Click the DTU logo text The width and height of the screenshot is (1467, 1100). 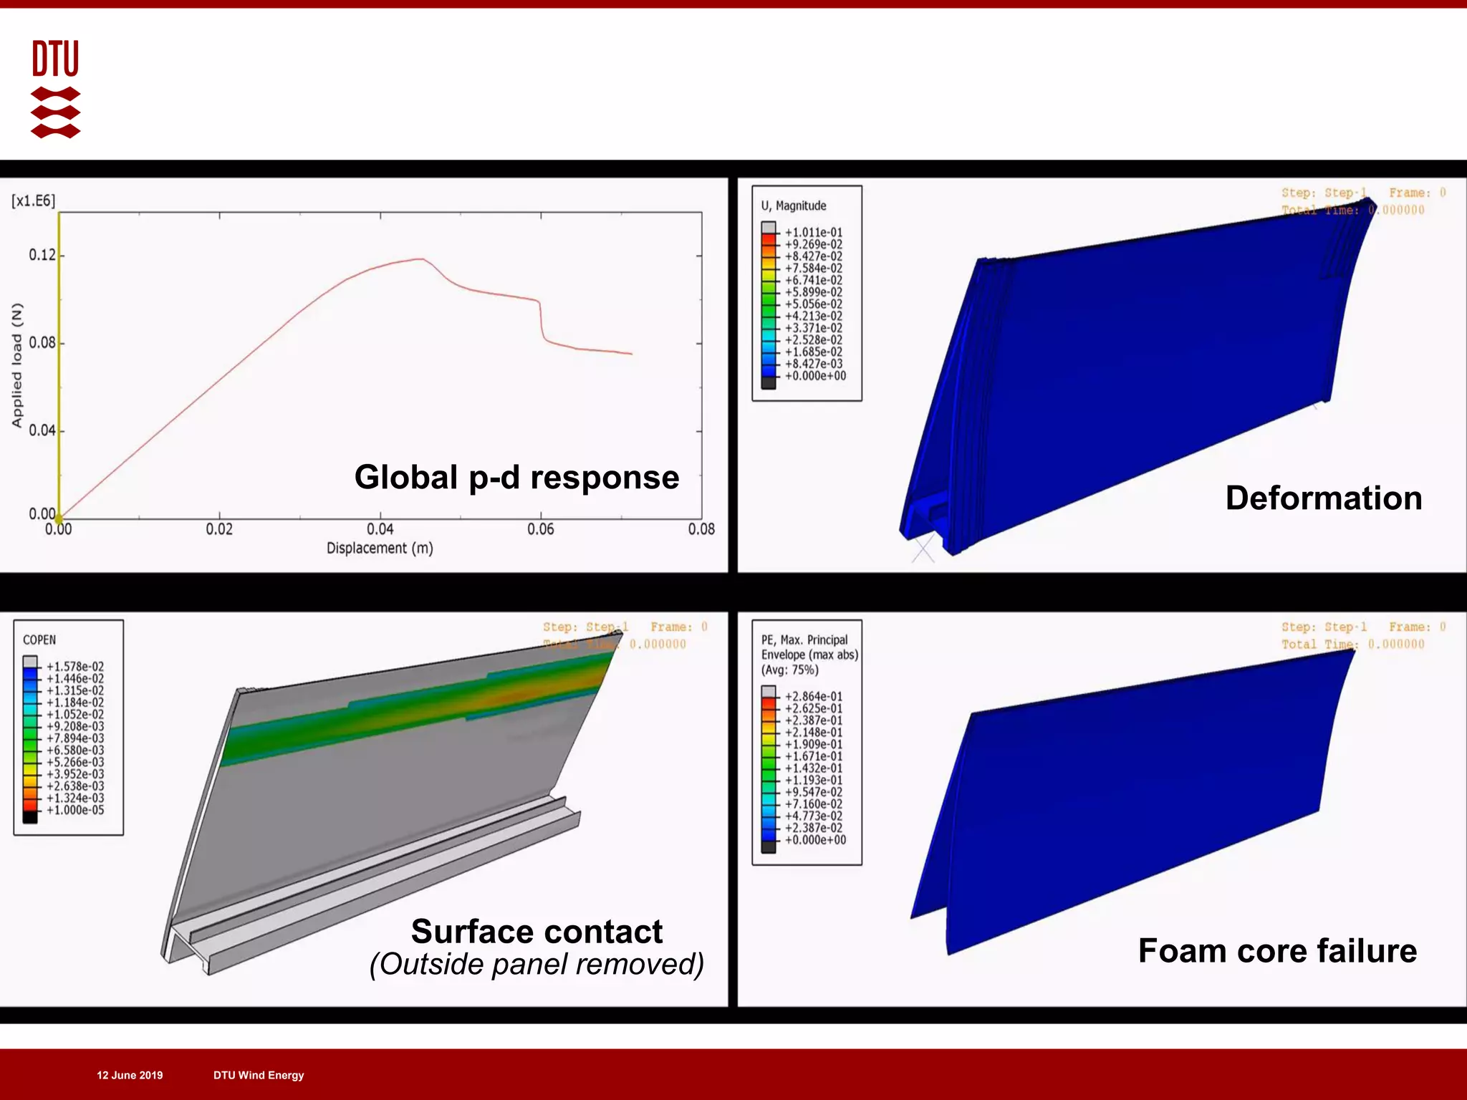[x=55, y=58]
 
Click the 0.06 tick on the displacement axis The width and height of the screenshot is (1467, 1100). [x=540, y=529]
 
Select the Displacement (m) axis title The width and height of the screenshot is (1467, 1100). [x=380, y=548]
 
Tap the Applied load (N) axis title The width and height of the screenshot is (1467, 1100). [x=17, y=365]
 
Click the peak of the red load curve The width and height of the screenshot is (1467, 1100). [x=422, y=259]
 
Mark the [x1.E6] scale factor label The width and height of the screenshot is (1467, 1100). [x=34, y=201]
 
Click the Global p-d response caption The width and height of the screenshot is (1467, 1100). [x=516, y=477]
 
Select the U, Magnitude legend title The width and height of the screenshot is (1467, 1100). [x=794, y=206]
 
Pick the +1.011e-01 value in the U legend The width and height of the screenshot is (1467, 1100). [x=814, y=233]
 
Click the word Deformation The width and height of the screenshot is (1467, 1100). [x=1324, y=498]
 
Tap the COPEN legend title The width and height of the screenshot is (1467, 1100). [x=39, y=640]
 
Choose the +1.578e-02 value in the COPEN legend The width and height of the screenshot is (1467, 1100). [x=75, y=667]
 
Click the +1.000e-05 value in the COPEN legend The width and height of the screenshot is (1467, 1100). [x=75, y=810]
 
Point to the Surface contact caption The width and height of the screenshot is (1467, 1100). [x=537, y=932]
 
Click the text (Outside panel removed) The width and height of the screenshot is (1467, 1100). [x=537, y=964]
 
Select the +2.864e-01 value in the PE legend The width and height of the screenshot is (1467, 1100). [x=814, y=696]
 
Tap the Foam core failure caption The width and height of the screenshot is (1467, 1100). [x=1277, y=950]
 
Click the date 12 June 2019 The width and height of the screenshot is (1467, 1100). [x=130, y=1075]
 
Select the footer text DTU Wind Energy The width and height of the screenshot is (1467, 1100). [x=259, y=1075]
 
